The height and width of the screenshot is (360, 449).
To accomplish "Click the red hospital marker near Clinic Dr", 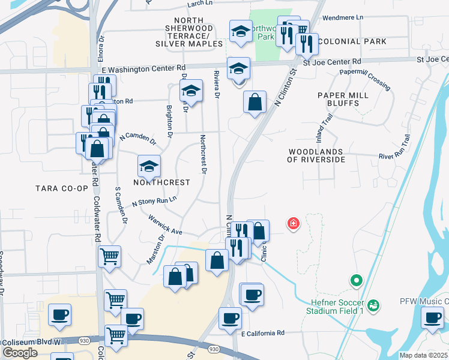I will [294, 224].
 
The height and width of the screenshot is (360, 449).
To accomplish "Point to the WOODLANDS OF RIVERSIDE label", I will [316, 156].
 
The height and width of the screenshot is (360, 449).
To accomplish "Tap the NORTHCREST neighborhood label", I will [161, 182].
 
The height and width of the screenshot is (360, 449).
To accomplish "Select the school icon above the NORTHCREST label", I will [149, 166].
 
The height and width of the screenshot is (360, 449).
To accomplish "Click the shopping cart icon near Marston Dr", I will [109, 256].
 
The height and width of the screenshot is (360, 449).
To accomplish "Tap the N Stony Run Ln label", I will [154, 201].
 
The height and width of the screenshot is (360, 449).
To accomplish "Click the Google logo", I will [20, 353].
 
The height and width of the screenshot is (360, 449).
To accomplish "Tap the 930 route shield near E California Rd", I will [213, 349].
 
